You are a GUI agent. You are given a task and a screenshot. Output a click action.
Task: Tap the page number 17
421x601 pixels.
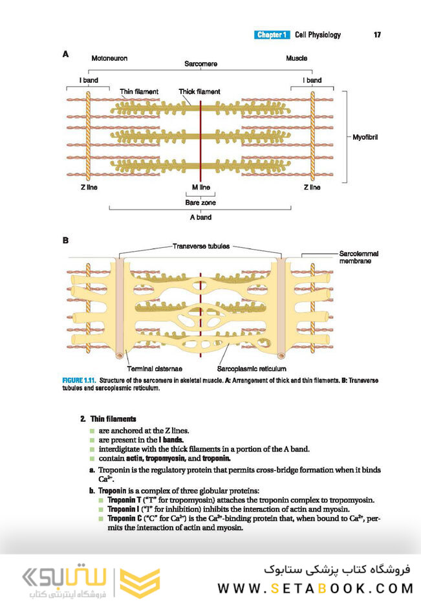377,35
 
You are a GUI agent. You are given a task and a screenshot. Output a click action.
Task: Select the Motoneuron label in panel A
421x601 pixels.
109,58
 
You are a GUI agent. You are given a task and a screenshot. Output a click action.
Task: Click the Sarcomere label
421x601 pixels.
200,63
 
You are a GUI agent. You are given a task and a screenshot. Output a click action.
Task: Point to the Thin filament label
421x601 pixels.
138,92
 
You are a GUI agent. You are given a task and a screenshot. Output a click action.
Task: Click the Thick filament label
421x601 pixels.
199,92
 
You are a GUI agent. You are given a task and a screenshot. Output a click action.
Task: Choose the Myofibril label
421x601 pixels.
365,137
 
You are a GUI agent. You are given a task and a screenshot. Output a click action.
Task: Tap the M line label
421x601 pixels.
201,188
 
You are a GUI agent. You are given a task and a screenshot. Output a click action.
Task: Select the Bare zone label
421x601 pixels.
200,202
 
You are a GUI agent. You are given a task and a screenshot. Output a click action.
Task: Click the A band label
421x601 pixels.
200,217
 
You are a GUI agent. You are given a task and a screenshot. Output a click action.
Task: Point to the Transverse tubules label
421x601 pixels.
201,246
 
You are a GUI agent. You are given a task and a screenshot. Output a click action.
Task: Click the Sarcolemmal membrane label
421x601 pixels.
358,257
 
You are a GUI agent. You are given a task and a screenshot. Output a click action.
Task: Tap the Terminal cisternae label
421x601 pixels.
155,369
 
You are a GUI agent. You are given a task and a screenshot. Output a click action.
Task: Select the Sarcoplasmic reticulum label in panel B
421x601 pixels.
252,369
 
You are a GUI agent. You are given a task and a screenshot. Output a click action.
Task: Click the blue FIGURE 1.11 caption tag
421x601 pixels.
79,380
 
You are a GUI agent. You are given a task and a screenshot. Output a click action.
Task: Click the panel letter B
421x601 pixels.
65,240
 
